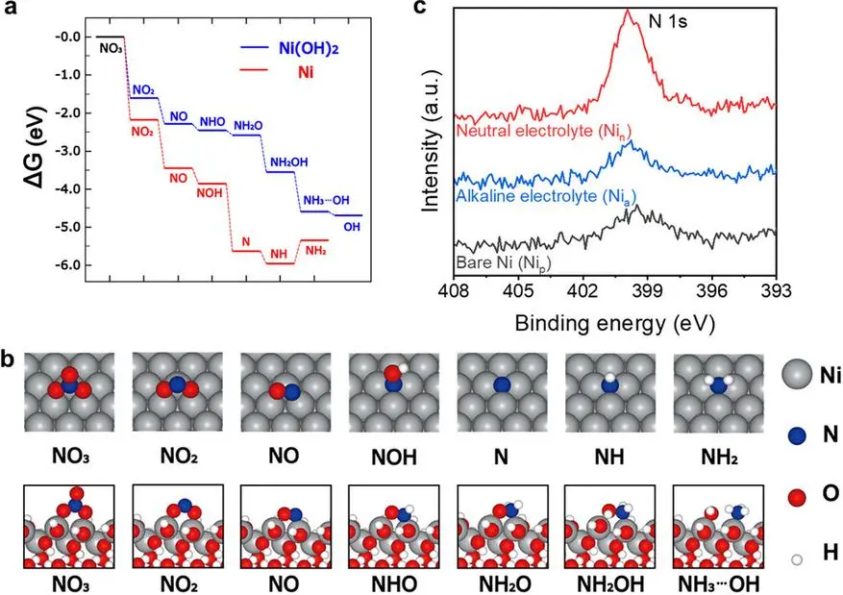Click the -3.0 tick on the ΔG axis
tap(67, 151)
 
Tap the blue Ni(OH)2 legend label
tap(309, 48)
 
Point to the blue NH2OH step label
tap(289, 161)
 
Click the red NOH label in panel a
tap(210, 192)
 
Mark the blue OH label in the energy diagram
tap(352, 227)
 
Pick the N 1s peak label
tap(668, 22)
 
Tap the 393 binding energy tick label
tap(776, 292)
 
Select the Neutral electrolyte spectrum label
tap(543, 131)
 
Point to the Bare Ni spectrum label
tap(504, 263)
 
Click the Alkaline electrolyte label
tap(546, 197)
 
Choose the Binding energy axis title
tap(615, 324)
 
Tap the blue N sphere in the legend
tap(797, 434)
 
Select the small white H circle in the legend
tap(797, 559)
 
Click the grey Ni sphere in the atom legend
tap(797, 374)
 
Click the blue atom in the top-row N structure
tap(502, 385)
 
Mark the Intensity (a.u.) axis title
tap(432, 140)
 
